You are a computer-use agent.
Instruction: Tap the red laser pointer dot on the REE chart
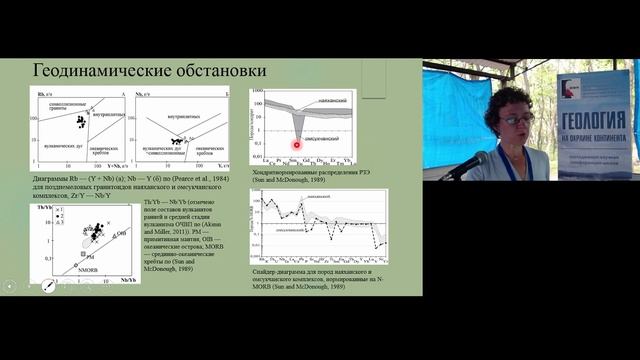297,146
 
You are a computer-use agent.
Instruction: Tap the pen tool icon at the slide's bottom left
46,287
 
